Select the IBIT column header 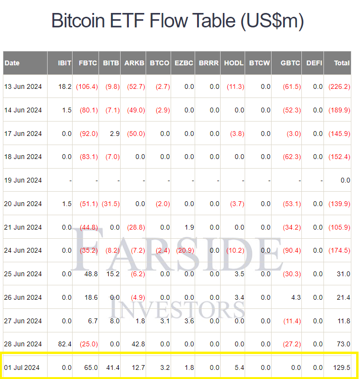[x=64, y=63]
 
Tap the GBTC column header [x=290, y=63]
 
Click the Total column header [x=342, y=63]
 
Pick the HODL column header [x=234, y=63]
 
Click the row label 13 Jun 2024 [x=23, y=86]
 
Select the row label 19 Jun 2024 [x=23, y=180]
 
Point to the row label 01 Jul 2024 [x=22, y=367]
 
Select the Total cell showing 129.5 [x=341, y=367]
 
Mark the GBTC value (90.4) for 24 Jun [x=292, y=250]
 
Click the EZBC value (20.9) [x=185, y=250]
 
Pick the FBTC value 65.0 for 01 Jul [x=91, y=367]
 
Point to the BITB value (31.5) [x=111, y=204]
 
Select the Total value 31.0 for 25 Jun [x=343, y=274]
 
